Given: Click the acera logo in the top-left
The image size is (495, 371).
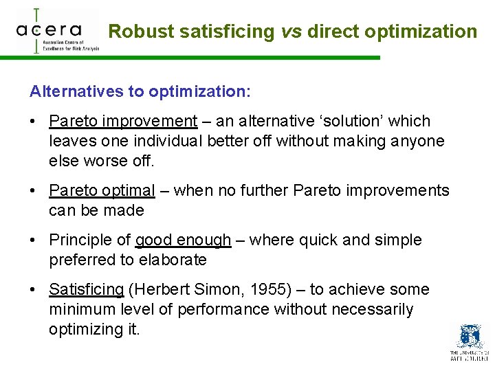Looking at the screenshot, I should coord(56,31).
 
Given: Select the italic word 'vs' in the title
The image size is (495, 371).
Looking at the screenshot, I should coord(291,32).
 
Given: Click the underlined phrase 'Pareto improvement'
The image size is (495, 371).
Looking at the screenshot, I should coord(123,122).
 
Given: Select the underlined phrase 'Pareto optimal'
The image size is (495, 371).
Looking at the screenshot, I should coord(102,190).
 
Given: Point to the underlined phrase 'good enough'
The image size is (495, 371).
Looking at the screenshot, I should coord(183,240).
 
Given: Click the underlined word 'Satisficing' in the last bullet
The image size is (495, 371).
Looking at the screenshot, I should coord(86,290).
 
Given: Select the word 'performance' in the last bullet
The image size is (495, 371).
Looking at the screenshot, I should coord(223,310).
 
